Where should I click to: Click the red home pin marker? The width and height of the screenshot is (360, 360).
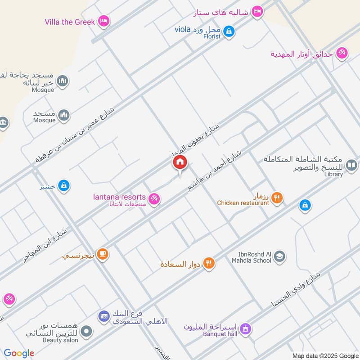pos(180,162)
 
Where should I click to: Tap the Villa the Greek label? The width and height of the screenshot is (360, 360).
pos(70,22)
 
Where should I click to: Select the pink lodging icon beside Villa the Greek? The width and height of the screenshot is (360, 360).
pos(104,21)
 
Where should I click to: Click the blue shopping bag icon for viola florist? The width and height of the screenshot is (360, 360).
pos(229,31)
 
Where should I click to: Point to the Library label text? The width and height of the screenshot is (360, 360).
pos(333,175)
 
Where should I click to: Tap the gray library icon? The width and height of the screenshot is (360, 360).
pos(351,166)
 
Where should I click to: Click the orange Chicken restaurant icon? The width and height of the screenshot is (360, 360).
pos(277,197)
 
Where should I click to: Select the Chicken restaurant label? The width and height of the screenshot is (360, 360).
pos(243,203)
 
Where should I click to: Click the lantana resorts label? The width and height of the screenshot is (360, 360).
pos(119,197)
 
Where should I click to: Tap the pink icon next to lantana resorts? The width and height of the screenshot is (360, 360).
pos(154,198)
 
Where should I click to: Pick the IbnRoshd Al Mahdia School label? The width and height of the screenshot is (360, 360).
pos(252,257)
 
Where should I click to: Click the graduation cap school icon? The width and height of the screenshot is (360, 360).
pos(279,256)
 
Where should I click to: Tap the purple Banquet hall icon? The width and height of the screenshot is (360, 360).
pos(245,328)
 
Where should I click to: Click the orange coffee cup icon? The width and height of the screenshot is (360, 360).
pos(103,254)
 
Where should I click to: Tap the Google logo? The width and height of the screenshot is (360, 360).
pos(19,353)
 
